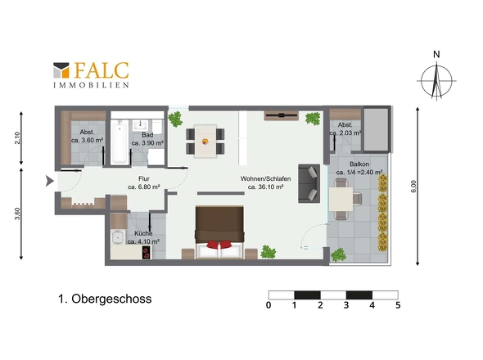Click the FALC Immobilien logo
tap(91, 75)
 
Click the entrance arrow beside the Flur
tap(50, 181)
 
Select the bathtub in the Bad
tap(120, 142)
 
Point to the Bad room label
tap(147, 139)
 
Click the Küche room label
tap(143, 237)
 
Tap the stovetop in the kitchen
tap(147, 252)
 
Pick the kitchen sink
tap(118, 237)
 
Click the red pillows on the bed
tap(219, 245)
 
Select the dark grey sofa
tap(309, 183)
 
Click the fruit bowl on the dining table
tap(205, 142)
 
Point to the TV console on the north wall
tap(282, 115)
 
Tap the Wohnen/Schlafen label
tap(265, 182)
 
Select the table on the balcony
tap(341, 200)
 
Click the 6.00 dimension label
tap(413, 187)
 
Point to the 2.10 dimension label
tap(17, 138)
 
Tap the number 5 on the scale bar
tap(398, 305)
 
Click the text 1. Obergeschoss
tap(105, 299)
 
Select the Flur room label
tap(144, 182)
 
